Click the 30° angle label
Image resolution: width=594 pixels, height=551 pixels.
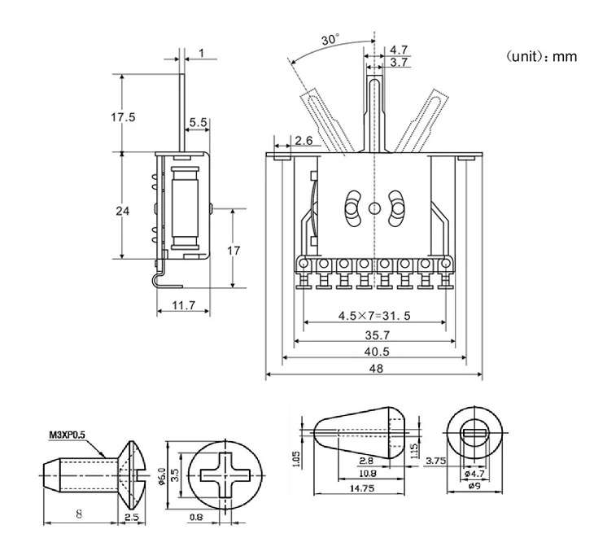point(330,40)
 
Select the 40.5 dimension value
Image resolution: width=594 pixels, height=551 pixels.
point(375,351)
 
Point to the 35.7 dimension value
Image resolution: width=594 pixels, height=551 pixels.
point(375,334)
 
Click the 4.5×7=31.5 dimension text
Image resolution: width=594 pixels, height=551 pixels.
point(374,315)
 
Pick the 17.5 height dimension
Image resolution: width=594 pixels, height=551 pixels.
point(123,116)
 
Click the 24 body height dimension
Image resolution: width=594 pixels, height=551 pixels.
point(122,211)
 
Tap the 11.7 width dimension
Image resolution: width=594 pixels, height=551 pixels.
point(183,305)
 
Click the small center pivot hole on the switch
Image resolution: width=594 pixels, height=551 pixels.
point(373,208)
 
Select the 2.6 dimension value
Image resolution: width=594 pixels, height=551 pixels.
point(304,141)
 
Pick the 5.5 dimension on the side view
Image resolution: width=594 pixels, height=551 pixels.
point(198,123)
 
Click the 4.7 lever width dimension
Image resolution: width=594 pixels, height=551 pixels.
point(400,50)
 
